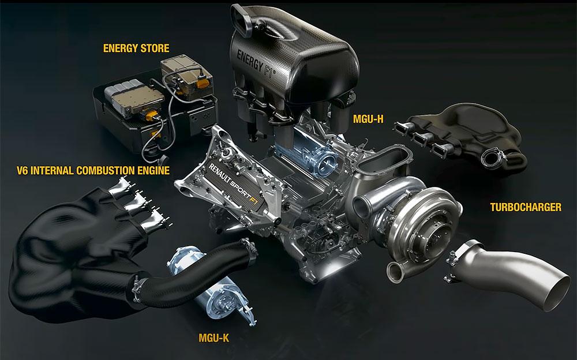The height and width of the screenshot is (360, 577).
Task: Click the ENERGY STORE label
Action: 136,48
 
